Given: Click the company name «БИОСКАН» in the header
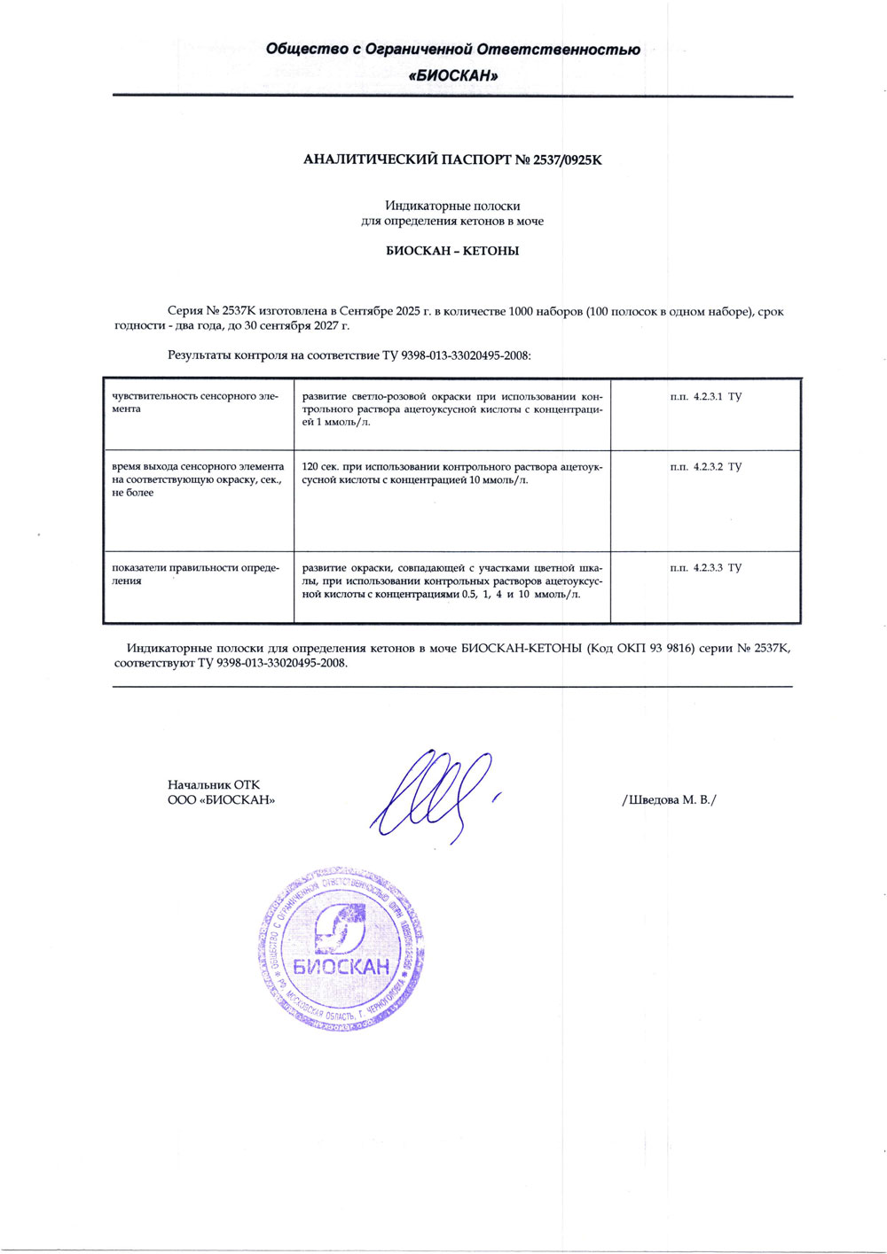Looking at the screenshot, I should pos(453,76).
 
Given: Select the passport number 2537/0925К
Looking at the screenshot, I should pos(567,160).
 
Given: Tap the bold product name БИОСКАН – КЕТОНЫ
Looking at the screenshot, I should pos(452,251).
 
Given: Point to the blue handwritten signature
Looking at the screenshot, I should pos(432,794).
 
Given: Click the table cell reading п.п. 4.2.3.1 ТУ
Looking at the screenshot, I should pos(705,396).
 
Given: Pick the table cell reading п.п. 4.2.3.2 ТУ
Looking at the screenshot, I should pos(705,466).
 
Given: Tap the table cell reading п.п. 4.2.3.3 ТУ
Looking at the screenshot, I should pos(705,567).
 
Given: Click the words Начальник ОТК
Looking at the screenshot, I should pos(214,784).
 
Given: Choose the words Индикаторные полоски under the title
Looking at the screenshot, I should pos(452,206).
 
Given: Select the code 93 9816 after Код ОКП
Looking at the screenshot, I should pos(671,649).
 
